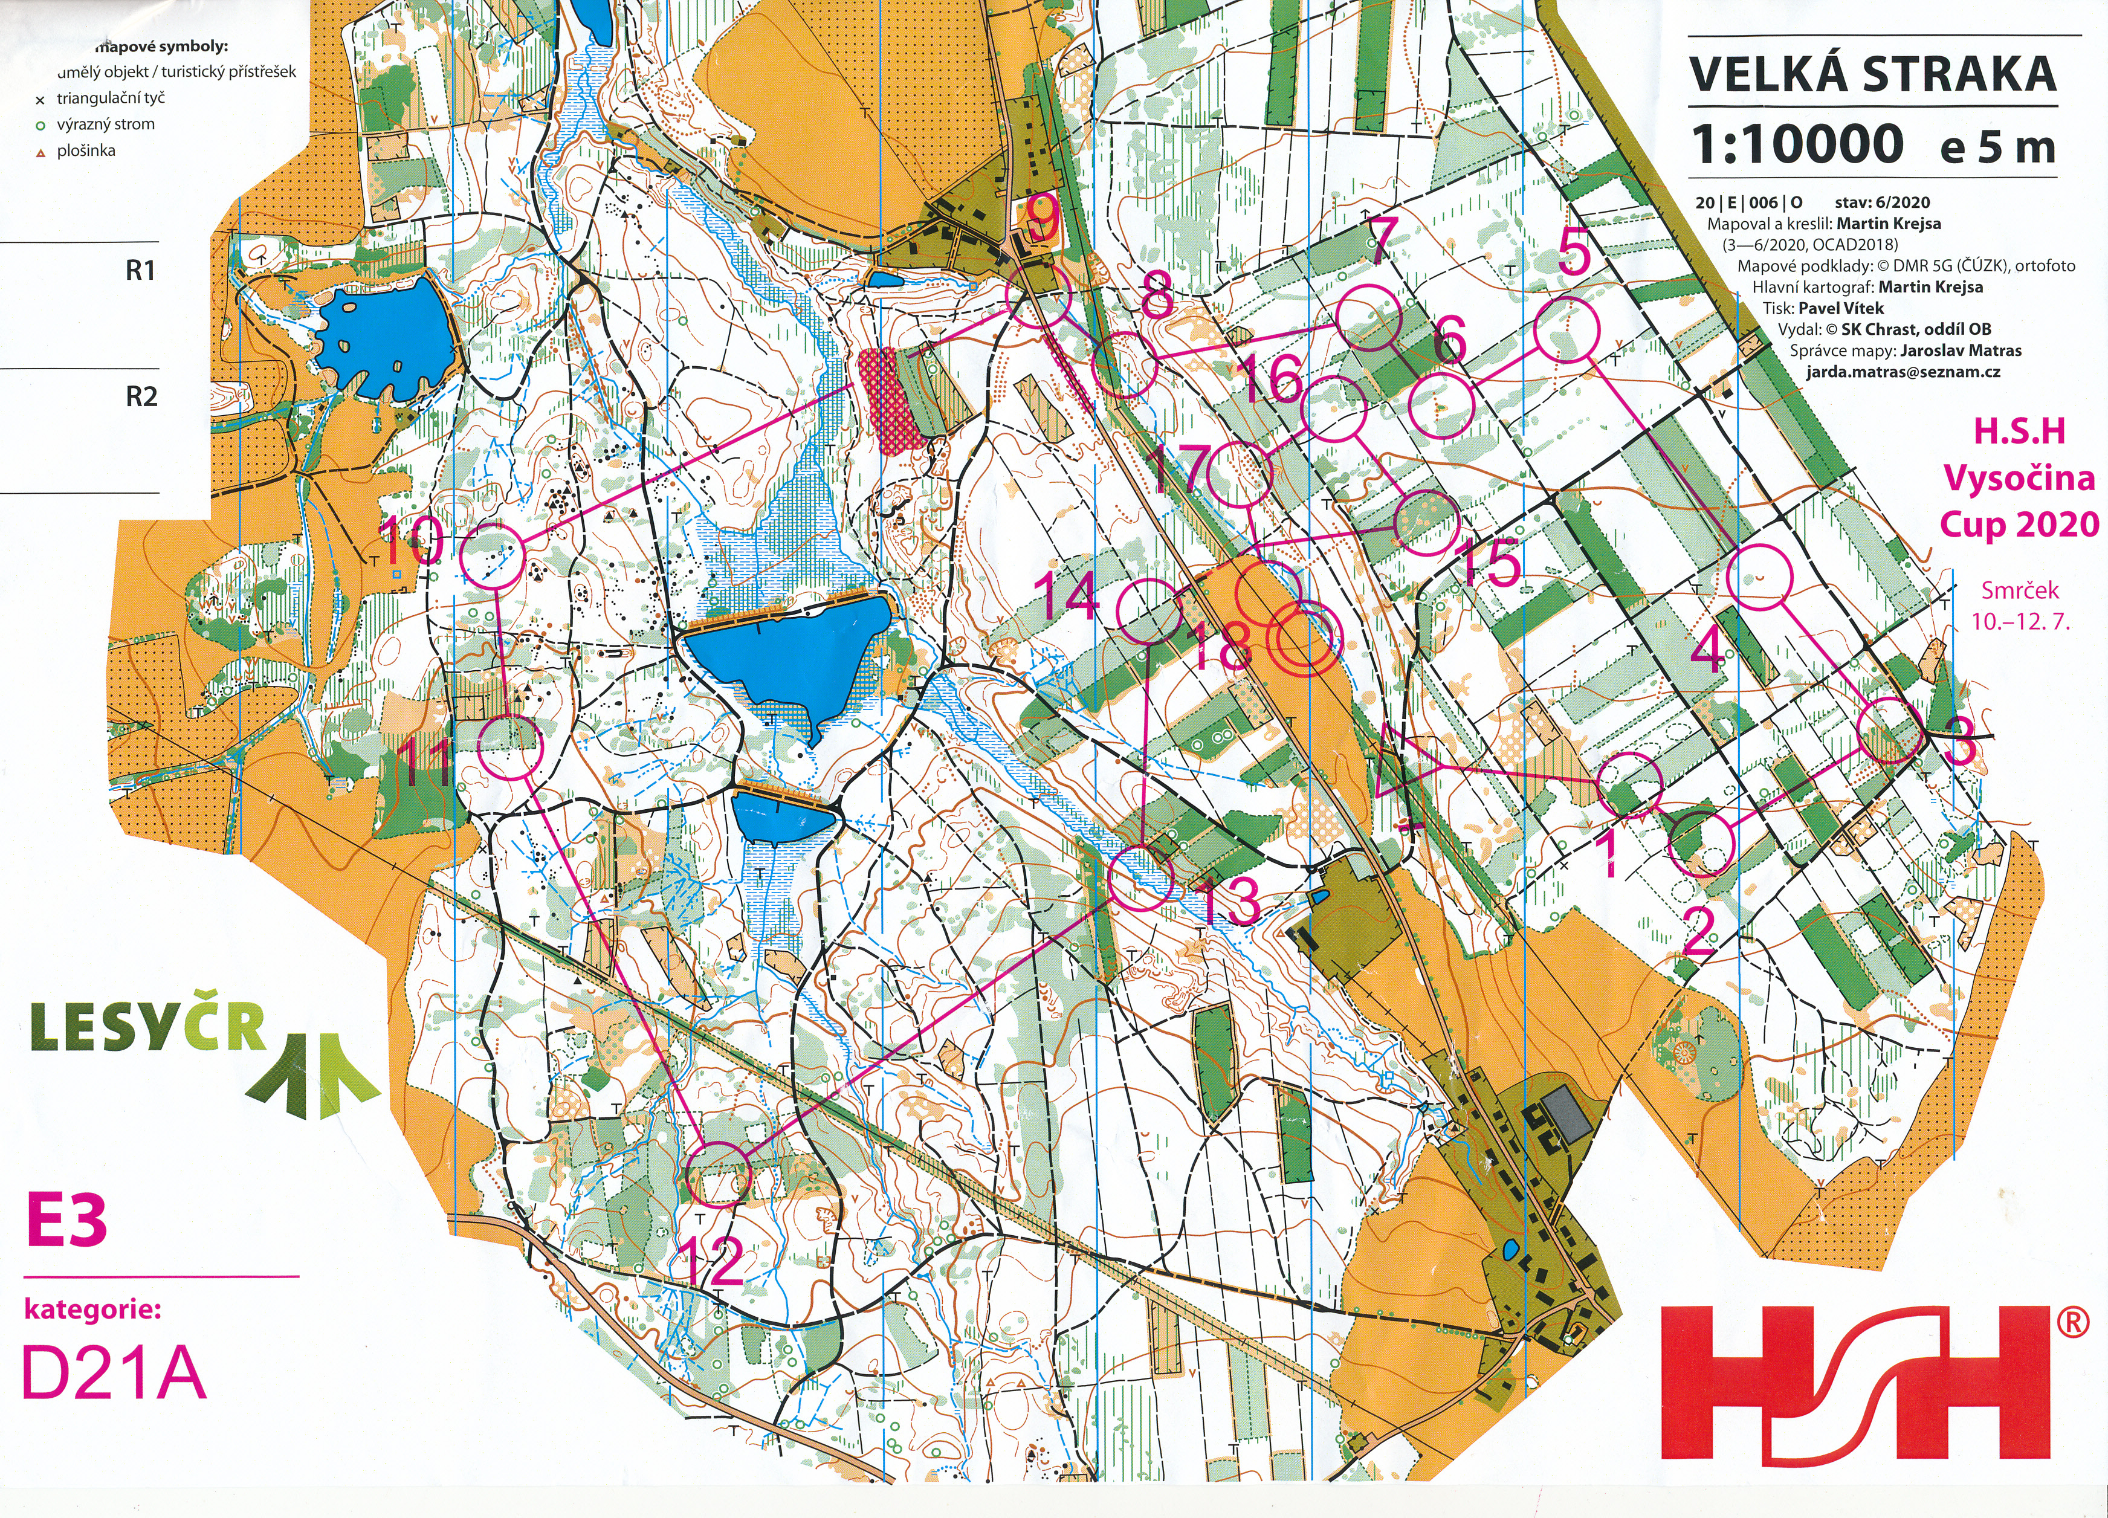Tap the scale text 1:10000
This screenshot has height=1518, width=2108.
click(1796, 145)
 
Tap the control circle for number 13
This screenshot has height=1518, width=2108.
click(1142, 877)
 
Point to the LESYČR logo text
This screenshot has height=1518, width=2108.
click(149, 1027)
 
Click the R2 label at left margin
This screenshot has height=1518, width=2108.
click(141, 397)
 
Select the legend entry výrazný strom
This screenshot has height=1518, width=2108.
click(105, 124)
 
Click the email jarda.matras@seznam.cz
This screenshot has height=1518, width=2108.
click(1903, 372)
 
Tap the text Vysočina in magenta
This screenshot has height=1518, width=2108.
click(2019, 479)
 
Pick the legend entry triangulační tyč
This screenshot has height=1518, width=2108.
click(109, 99)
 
